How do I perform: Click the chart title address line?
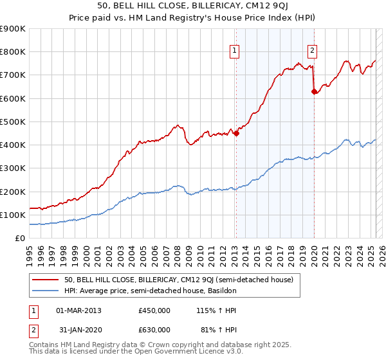[x=193, y=6]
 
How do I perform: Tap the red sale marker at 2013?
[x=236, y=134]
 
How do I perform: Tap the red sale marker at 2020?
[x=315, y=92]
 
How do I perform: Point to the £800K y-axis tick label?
[x=13, y=52]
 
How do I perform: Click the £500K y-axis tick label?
[x=13, y=122]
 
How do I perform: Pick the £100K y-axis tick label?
[x=13, y=215]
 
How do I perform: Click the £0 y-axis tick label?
[x=19, y=238]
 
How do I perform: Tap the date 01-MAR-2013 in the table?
[x=79, y=311]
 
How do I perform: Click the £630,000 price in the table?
[x=154, y=330]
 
